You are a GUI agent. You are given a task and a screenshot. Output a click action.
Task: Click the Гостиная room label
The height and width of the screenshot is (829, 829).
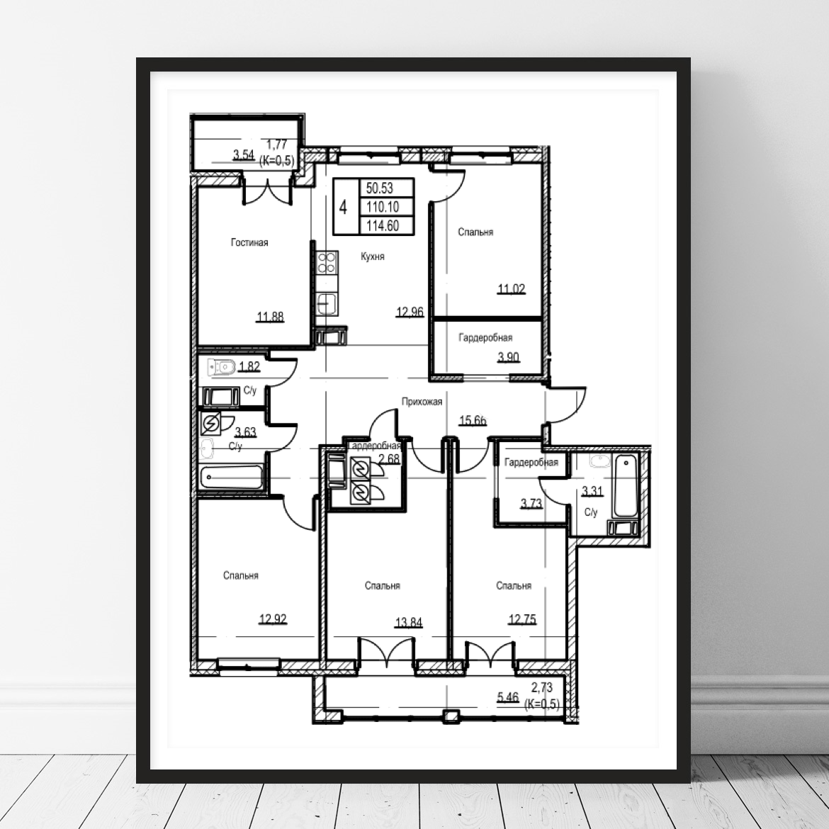[x=249, y=242]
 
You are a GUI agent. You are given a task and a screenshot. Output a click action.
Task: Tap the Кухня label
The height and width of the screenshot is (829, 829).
[x=373, y=256]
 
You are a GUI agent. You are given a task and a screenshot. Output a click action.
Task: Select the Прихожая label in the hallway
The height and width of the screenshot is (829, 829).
[x=422, y=402]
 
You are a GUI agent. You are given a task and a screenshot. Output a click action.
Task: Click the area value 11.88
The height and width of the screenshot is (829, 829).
[x=270, y=317]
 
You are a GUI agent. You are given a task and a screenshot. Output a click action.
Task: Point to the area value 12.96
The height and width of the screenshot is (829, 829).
[x=410, y=312]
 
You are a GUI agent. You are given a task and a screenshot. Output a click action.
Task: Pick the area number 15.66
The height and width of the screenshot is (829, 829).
[x=473, y=421]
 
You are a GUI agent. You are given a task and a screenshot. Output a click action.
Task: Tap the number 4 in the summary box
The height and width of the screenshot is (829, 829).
[x=343, y=207]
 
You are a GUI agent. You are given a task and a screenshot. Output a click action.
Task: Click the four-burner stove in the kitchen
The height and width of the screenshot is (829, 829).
[x=327, y=263]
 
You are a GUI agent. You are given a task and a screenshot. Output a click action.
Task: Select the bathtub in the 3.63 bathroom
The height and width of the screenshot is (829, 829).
[x=232, y=477]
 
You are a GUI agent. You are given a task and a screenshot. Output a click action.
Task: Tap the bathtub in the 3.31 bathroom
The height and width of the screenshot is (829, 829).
[x=626, y=486]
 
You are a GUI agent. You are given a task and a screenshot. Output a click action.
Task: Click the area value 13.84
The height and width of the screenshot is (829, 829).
[x=409, y=623]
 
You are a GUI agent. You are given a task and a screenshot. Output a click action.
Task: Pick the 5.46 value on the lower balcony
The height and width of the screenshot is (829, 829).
[x=508, y=698]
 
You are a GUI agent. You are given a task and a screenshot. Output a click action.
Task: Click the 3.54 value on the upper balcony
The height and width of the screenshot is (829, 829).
[x=244, y=155]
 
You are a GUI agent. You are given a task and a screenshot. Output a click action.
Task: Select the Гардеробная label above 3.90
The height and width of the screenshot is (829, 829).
[x=485, y=337]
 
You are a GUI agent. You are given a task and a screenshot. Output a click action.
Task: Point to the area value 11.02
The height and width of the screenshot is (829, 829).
[x=512, y=289]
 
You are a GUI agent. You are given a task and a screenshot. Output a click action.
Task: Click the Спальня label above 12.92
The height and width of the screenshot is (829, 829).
[x=241, y=575]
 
